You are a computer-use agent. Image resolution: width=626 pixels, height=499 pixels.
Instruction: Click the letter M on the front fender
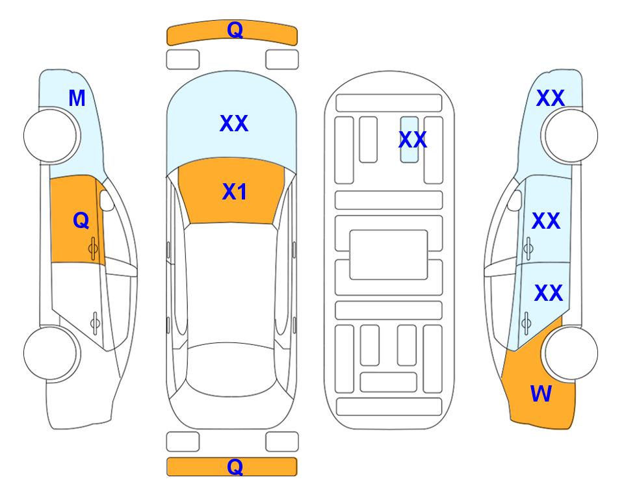(x=77, y=98)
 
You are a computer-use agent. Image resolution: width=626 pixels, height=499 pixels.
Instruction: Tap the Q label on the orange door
(x=81, y=220)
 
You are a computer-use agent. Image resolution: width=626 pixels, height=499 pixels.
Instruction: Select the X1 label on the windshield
(x=235, y=192)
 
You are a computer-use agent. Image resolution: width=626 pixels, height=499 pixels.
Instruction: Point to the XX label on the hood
(x=234, y=123)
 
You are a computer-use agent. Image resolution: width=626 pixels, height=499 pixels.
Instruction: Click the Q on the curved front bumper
(x=235, y=29)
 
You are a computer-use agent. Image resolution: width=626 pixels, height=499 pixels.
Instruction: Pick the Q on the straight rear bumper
(x=235, y=467)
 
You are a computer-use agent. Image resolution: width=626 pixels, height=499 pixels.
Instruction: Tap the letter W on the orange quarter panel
(x=541, y=394)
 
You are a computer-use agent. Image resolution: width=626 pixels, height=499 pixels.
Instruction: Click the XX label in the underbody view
(x=413, y=140)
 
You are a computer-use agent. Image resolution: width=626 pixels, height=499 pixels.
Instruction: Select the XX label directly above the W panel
(x=549, y=293)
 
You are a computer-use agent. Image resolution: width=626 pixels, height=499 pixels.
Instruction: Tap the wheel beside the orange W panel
(x=571, y=353)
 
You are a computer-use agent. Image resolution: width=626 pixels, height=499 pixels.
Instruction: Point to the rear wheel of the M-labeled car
(x=50, y=353)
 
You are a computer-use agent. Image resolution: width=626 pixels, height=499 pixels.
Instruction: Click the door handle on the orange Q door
(x=93, y=248)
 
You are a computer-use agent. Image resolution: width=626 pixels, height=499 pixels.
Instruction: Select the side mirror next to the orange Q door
(x=107, y=200)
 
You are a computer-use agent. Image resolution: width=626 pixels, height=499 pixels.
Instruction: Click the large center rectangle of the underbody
(x=389, y=255)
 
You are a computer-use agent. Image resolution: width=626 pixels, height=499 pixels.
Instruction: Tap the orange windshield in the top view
(x=231, y=191)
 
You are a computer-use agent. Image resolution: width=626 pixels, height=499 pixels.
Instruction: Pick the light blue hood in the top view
(x=231, y=120)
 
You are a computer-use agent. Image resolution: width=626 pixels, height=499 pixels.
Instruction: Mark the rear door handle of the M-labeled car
(x=95, y=322)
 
